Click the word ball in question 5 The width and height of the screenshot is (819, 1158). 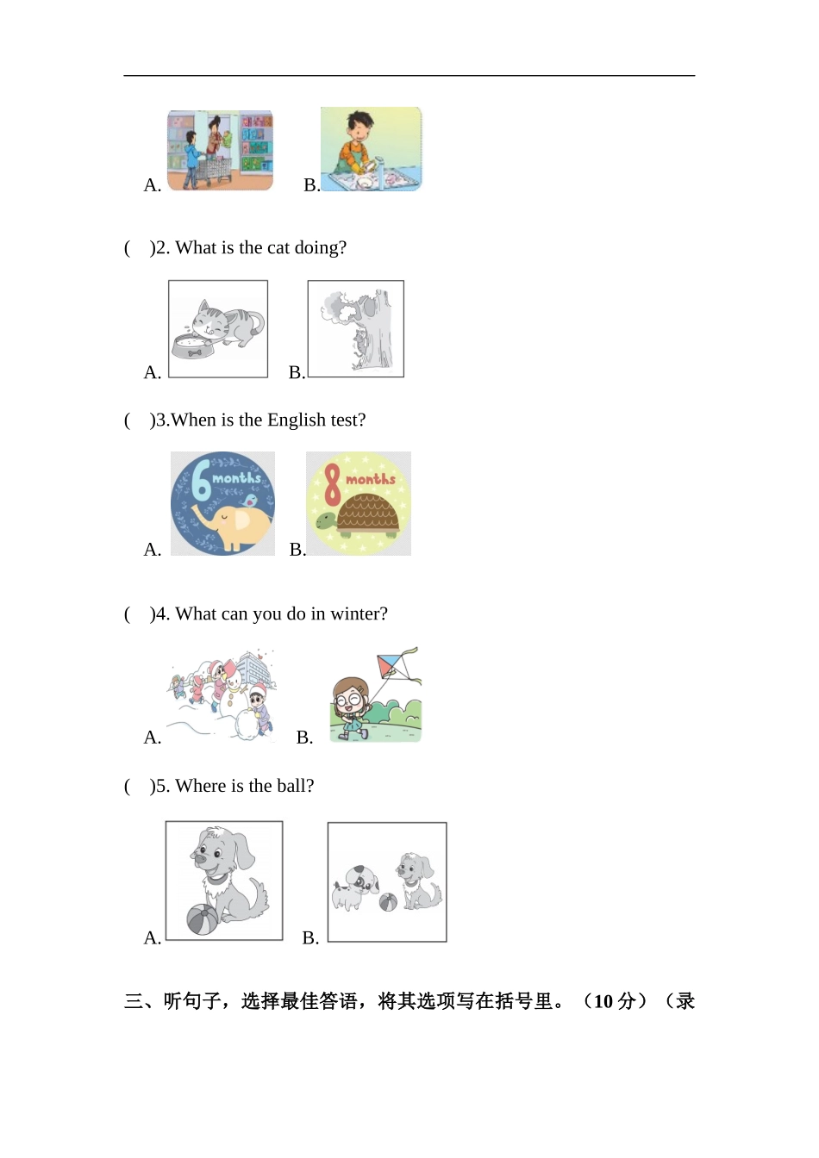295,786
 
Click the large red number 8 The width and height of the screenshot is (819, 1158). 332,484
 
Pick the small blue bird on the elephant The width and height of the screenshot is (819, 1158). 250,500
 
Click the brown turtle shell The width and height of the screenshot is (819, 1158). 368,513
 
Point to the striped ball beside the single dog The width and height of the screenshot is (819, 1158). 203,919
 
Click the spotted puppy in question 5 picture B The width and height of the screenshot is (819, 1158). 355,887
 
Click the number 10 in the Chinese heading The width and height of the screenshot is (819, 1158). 603,1001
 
